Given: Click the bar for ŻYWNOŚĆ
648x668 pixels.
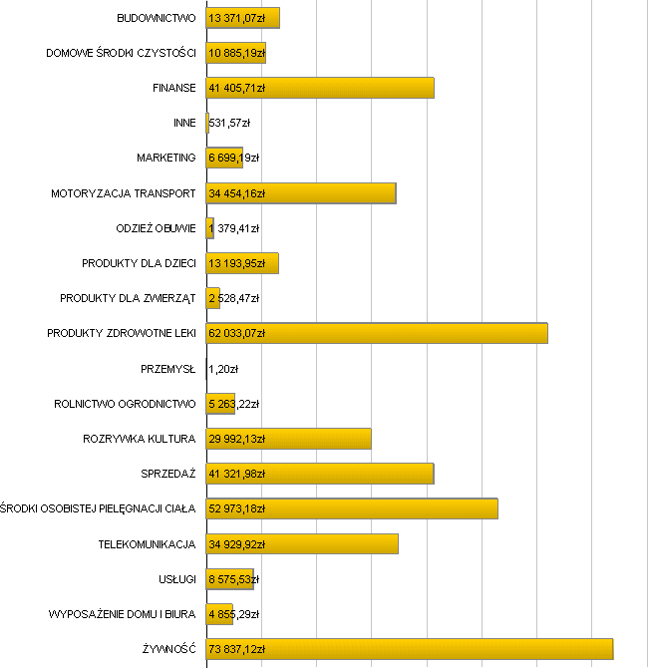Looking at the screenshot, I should [409, 649].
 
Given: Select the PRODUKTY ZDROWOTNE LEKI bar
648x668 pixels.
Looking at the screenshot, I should [377, 333].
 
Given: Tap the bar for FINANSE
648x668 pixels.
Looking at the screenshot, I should [320, 88].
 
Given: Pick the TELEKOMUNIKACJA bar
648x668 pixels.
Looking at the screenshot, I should [302, 543].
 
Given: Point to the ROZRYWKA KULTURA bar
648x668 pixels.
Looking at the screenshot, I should [288, 439].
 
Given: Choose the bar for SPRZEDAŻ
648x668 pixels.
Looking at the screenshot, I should [320, 474].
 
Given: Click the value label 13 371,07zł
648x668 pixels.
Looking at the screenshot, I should [237, 18].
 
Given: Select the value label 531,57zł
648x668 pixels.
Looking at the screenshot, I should [229, 123].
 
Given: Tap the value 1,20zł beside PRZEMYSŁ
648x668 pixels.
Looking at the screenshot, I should [223, 369].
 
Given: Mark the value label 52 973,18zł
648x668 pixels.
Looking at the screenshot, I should [237, 508].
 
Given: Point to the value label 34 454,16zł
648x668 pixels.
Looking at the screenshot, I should [237, 193].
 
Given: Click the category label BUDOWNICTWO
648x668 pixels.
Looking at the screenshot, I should [156, 18].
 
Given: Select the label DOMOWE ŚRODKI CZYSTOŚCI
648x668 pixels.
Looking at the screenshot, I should [121, 53].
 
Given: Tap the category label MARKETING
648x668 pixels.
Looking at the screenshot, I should [166, 158].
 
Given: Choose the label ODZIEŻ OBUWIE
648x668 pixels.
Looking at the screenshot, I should [156, 228].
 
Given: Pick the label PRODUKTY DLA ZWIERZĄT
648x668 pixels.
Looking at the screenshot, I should [128, 298].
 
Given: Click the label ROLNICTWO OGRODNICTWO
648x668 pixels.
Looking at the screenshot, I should [125, 404].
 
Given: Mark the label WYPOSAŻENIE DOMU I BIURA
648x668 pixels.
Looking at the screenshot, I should [123, 614].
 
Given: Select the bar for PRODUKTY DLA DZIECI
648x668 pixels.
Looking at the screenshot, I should [242, 263].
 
